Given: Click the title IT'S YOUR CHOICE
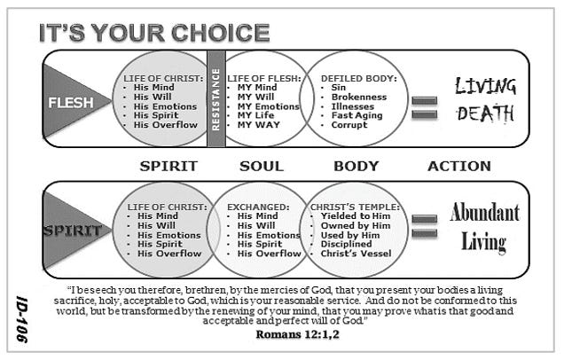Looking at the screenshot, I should click(153, 34).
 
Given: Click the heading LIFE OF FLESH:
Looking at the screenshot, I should click(262, 78).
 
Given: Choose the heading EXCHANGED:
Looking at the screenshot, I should click(259, 207).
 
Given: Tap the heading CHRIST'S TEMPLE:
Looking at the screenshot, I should click(355, 207).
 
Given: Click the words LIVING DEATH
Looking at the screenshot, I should click(486, 100).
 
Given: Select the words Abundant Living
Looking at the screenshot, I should click(485, 226).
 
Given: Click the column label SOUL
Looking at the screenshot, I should click(262, 166).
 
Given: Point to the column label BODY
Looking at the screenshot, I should click(356, 166).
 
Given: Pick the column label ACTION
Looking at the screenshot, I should click(458, 166).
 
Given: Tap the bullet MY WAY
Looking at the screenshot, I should click(257, 124).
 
